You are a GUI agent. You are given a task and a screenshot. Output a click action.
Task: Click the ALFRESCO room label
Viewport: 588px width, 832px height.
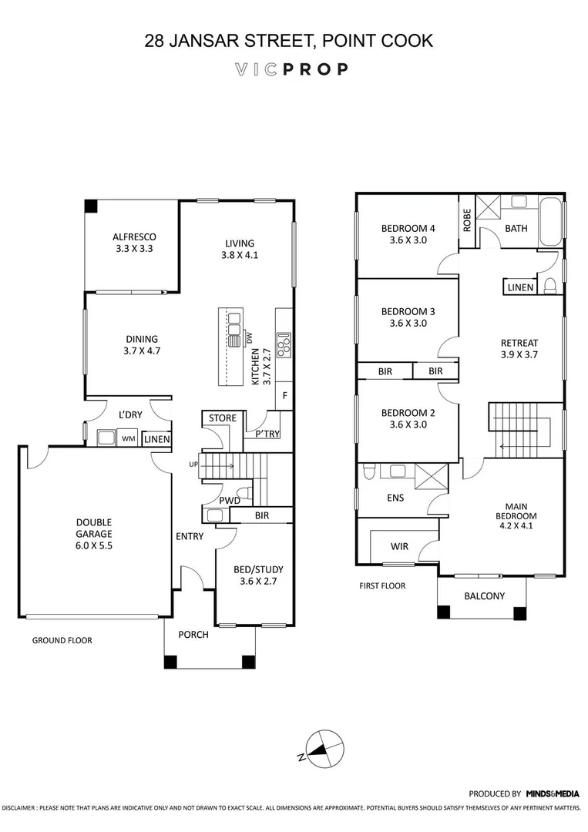(134, 237)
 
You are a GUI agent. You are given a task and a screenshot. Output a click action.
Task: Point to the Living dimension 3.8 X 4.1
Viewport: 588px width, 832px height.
(239, 255)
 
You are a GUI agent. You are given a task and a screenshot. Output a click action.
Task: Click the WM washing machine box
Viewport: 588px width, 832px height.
(128, 438)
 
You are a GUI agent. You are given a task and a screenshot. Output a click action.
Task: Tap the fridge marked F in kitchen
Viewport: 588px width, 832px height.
(285, 395)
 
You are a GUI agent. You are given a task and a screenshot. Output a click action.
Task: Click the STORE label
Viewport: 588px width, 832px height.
(223, 418)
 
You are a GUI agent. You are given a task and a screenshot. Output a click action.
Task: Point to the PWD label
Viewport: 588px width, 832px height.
(230, 501)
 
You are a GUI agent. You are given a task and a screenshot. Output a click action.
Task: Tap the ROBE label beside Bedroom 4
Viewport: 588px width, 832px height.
(466, 220)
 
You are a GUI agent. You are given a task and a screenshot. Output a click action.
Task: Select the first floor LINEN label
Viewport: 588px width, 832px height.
(519, 287)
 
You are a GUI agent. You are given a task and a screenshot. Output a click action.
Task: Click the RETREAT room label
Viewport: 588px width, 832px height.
(519, 343)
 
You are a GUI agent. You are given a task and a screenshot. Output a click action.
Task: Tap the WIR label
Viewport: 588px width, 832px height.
(400, 546)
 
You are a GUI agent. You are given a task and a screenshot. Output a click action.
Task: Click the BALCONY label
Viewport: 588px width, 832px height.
(485, 595)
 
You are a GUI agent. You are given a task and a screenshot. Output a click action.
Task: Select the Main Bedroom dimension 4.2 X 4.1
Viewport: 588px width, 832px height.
(516, 527)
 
